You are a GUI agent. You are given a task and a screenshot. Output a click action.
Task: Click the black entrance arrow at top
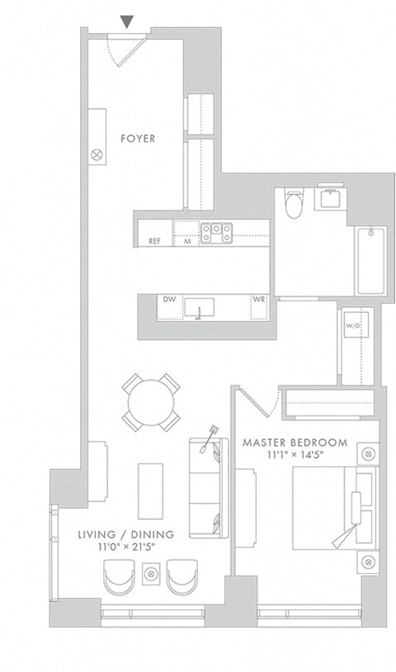pos(125,21)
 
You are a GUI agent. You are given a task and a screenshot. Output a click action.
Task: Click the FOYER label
pos(137,138)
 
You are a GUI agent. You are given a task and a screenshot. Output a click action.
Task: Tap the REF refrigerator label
pos(154,241)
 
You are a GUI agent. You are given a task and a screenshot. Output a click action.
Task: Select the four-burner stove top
pos(219,233)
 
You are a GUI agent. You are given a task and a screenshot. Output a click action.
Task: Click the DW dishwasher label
pos(169,299)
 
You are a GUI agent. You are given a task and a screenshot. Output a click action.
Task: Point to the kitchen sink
pos(199,308)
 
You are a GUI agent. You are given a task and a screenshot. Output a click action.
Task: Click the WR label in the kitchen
pos(258,300)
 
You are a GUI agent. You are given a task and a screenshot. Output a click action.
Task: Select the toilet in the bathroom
pos(292,202)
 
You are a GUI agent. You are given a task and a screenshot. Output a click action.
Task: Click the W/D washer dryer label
pos(351,325)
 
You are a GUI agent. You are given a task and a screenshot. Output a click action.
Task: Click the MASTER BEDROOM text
pos(295,442)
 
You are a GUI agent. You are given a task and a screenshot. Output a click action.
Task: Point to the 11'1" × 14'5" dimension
pos(295,455)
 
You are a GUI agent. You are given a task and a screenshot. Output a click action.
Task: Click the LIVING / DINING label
pos(125,534)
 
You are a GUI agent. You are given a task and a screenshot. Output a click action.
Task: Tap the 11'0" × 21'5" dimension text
pos(125,547)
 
